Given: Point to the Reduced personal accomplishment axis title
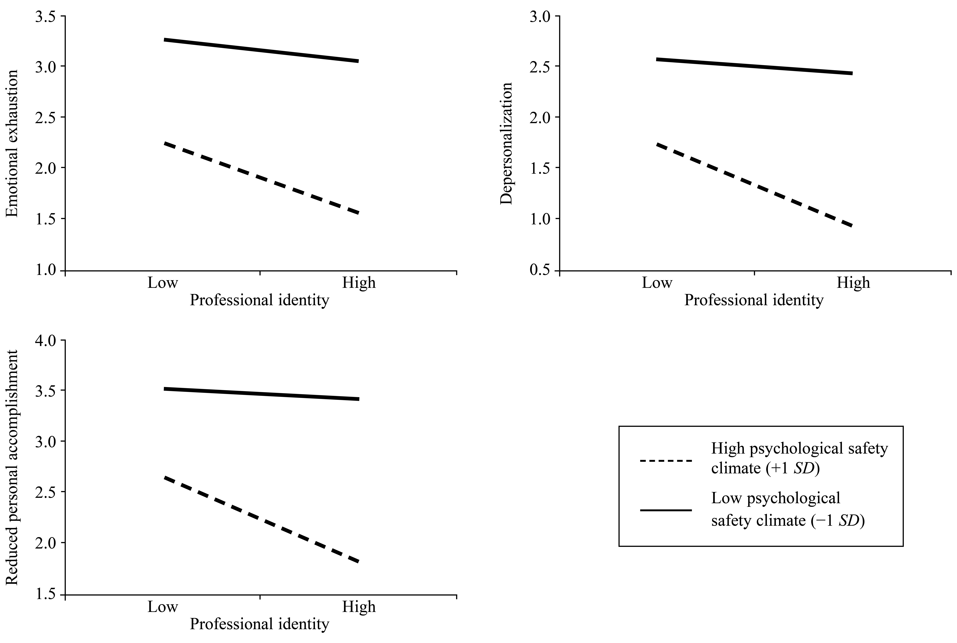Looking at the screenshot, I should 12,468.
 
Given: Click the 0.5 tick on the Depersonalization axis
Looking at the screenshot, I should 541,271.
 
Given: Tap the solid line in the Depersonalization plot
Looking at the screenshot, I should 755,66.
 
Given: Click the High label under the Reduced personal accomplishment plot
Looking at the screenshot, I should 359,607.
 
